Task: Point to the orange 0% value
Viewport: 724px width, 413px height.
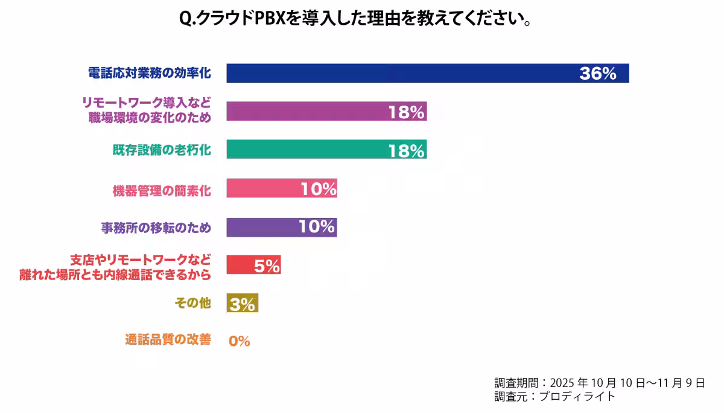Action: click(239, 341)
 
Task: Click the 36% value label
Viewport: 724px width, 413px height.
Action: click(597, 74)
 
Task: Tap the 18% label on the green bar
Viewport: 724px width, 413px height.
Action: click(406, 150)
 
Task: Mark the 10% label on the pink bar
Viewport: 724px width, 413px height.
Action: click(318, 189)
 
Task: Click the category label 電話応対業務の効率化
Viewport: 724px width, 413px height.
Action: click(149, 73)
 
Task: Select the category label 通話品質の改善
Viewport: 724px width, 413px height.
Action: click(168, 340)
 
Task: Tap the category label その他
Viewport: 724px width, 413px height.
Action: click(192, 303)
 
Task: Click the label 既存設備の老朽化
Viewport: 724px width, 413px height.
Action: click(162, 150)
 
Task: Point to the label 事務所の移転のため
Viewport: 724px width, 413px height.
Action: click(156, 228)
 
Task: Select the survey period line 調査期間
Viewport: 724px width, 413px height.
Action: click(599, 383)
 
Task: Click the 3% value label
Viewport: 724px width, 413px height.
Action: click(243, 304)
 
